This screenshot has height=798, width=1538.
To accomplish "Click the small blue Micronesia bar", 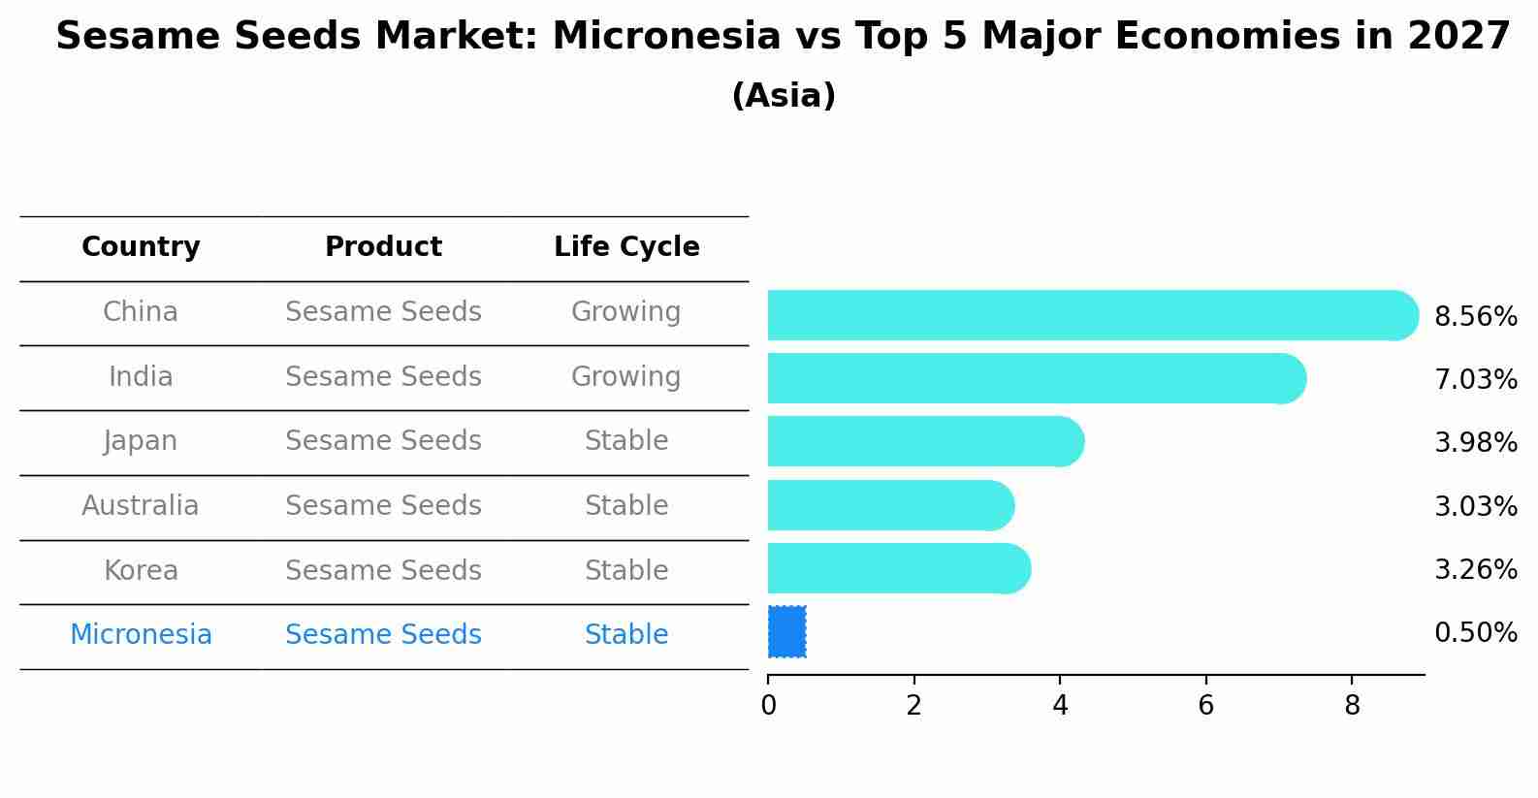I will [x=786, y=632].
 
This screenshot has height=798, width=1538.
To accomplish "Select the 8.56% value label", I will [x=1475, y=317].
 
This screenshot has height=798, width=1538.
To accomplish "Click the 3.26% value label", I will [x=1475, y=569].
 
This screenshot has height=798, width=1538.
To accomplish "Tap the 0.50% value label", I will [x=1475, y=633].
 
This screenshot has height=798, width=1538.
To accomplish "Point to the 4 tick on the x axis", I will [x=1060, y=706].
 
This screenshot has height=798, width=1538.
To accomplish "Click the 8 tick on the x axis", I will [x=1352, y=706].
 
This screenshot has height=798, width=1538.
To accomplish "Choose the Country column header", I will [x=141, y=247].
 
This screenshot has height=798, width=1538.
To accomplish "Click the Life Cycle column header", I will [x=626, y=247].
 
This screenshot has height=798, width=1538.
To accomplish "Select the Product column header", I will [x=383, y=247].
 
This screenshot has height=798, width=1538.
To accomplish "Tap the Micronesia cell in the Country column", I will [x=141, y=635].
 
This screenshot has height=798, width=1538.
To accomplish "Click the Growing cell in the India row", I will [x=625, y=376].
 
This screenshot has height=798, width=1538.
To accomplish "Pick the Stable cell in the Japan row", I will [x=625, y=441].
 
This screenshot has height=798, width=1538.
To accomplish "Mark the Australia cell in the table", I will [x=141, y=506].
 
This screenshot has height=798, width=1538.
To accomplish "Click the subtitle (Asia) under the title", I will [x=784, y=96].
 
